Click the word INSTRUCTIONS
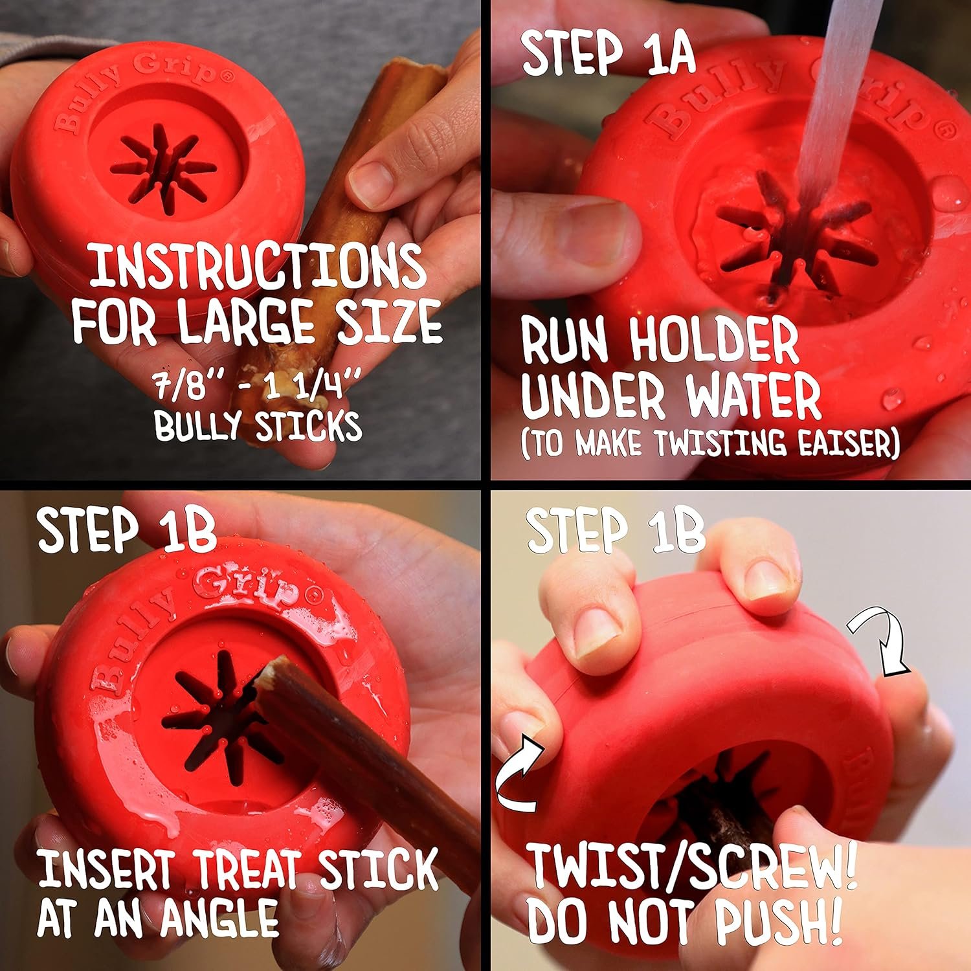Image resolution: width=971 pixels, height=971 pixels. coord(257,266)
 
